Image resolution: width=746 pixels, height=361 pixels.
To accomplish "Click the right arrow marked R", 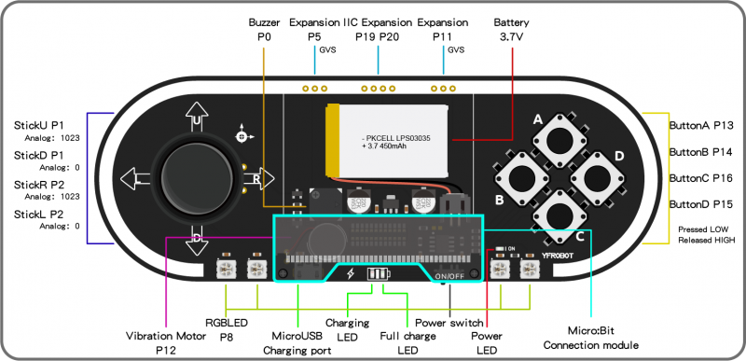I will pyautogui.click(x=256, y=177).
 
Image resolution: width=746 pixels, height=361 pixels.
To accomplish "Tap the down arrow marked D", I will pyautogui.click(x=197, y=236).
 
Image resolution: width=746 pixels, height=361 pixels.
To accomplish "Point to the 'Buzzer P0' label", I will pyautogui.click(x=264, y=30).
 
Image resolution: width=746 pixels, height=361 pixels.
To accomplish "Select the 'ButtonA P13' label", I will pyautogui.click(x=701, y=124).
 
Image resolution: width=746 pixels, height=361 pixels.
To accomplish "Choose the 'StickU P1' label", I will pyautogui.click(x=38, y=124).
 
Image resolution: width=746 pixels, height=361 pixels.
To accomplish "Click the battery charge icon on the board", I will pyautogui.click(x=378, y=275).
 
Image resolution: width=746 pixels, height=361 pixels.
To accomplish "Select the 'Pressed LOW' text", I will pyautogui.click(x=701, y=228).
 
